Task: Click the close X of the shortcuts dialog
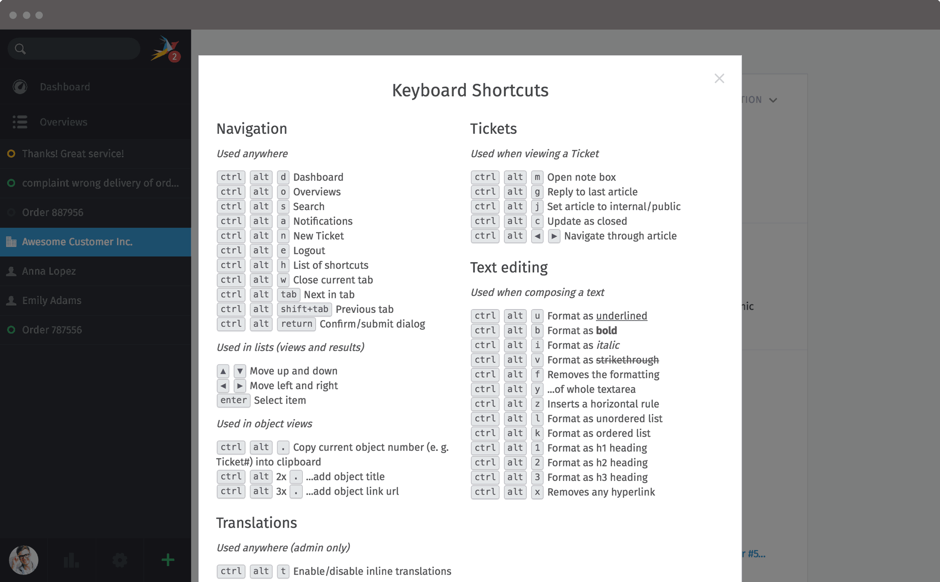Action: click(x=719, y=78)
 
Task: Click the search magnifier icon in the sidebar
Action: click(x=20, y=49)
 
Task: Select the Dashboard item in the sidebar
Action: click(x=65, y=87)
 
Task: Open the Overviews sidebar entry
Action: click(x=63, y=122)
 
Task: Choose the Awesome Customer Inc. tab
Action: click(x=77, y=242)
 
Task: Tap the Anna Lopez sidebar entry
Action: click(x=49, y=271)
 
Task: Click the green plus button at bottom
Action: click(x=168, y=560)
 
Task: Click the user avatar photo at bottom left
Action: click(x=23, y=560)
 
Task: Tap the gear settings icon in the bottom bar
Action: click(x=120, y=560)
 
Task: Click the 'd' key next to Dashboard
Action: click(x=283, y=177)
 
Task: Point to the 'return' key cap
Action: click(x=297, y=324)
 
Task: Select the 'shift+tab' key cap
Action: click(x=305, y=309)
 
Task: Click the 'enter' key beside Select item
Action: click(x=234, y=400)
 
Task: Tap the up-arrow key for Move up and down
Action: click(x=223, y=371)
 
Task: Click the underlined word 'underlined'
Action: click(x=621, y=316)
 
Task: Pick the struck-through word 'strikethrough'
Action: click(x=627, y=360)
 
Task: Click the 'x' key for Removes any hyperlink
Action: click(x=537, y=492)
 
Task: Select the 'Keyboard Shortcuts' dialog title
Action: click(x=470, y=90)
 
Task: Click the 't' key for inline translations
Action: click(x=283, y=571)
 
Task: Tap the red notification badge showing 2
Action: click(x=174, y=57)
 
